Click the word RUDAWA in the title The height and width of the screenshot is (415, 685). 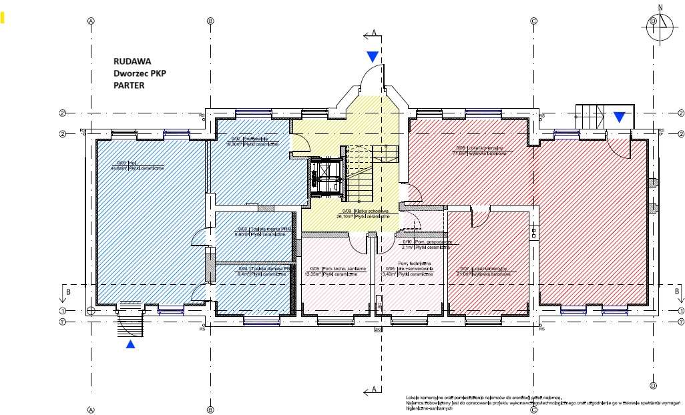pyautogui.click(x=132, y=61)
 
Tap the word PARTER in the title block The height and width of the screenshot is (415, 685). pyautogui.click(x=129, y=85)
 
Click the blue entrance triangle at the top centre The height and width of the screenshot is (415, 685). pyautogui.click(x=372, y=57)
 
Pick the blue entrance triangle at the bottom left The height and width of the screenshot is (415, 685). pyautogui.click(x=131, y=344)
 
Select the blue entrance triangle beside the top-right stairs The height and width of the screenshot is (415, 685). pyautogui.click(x=620, y=117)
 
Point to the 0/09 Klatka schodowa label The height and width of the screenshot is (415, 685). pyautogui.click(x=363, y=213)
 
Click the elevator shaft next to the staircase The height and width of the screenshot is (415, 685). pyautogui.click(x=326, y=176)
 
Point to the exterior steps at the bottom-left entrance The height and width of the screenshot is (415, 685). pyautogui.click(x=131, y=325)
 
